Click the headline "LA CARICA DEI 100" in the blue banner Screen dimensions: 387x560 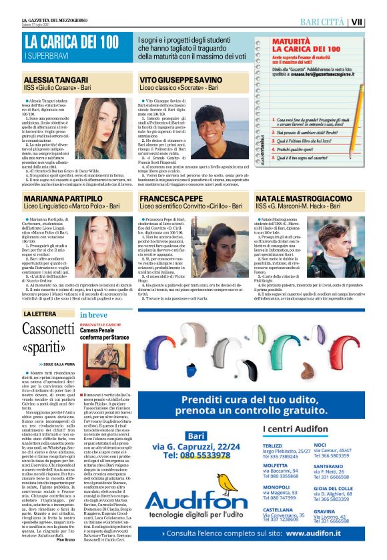[71, 42]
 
